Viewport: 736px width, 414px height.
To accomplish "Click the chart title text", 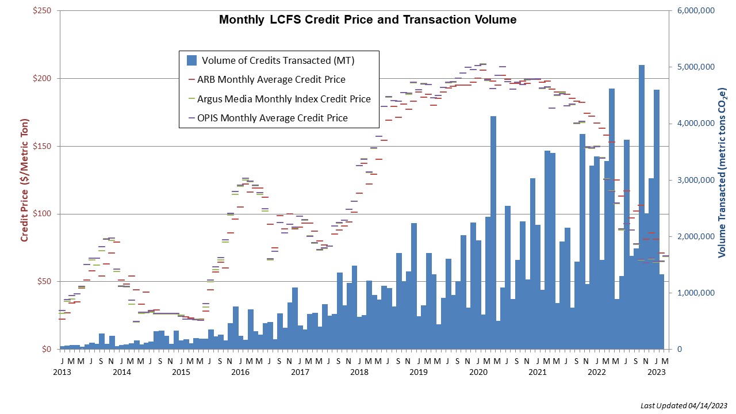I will tap(367, 20).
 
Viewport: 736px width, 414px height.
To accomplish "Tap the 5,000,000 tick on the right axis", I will tap(694, 67).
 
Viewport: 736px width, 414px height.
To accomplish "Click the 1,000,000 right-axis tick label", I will tap(694, 293).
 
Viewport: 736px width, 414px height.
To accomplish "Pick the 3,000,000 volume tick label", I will tap(694, 181).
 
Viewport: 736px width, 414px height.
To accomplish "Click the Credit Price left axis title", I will tap(25, 180).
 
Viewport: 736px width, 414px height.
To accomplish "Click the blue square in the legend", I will tap(192, 60).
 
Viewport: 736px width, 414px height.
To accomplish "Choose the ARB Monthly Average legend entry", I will tap(271, 79).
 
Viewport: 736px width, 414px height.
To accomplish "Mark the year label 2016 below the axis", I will tap(240, 372).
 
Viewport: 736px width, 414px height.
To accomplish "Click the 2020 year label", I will tap(478, 372).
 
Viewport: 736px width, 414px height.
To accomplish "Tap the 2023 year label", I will tap(657, 372).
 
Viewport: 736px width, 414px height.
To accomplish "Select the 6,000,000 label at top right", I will tap(694, 11).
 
